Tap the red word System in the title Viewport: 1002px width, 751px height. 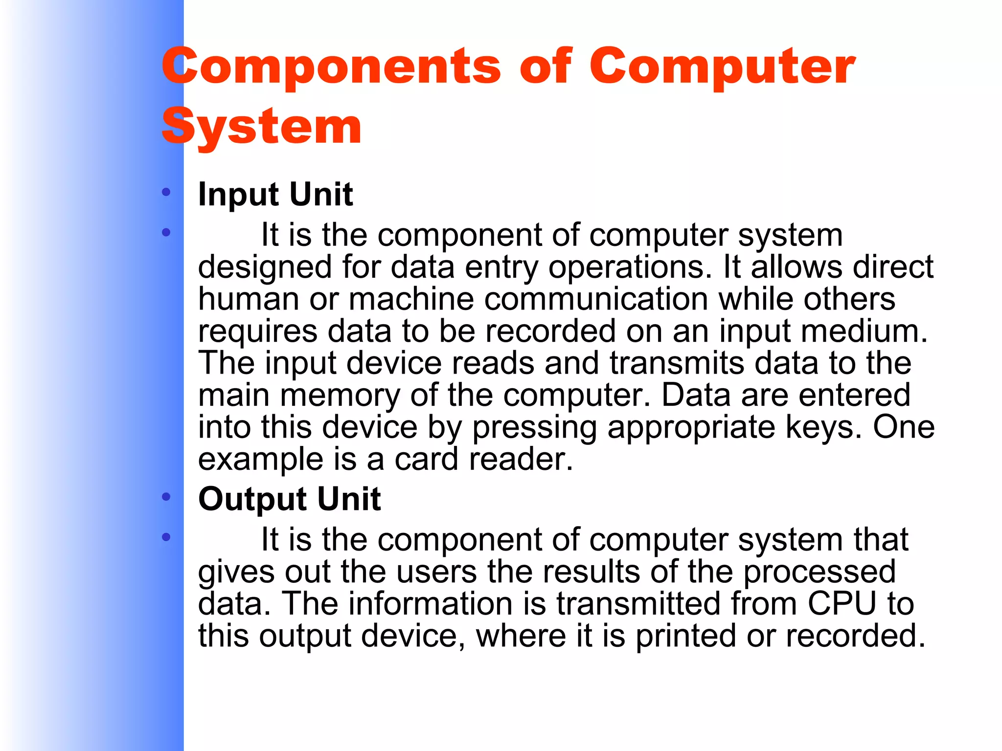tap(262, 127)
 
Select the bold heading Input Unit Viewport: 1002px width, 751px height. tap(275, 194)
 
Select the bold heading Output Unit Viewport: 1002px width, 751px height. tap(289, 499)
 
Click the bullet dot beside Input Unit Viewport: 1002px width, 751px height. tap(166, 192)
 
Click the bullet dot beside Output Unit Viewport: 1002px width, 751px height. tap(166, 497)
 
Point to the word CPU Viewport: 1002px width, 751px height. tap(842, 603)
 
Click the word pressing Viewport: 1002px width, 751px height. tap(534, 428)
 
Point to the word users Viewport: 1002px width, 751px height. tap(436, 572)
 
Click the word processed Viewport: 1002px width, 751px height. tap(820, 572)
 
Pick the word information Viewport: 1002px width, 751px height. tap(431, 603)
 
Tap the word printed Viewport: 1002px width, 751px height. tap(685, 636)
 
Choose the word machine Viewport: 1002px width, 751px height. tap(411, 299)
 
